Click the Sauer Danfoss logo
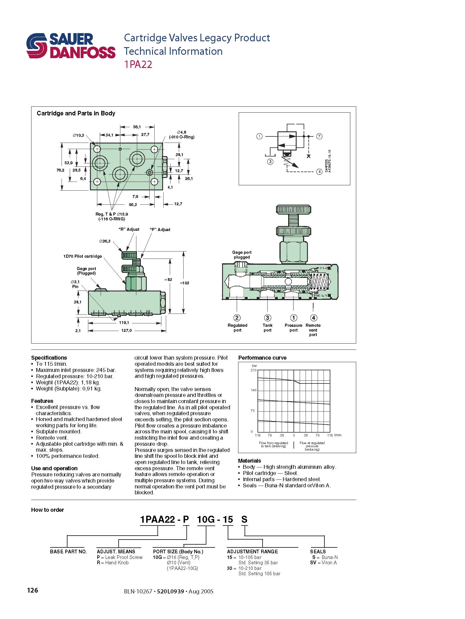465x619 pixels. [x=71, y=46]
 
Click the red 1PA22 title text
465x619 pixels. [x=138, y=65]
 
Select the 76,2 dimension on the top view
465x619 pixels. [x=60, y=170]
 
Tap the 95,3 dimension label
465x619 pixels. [x=133, y=205]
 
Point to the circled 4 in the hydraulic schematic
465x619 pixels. [x=319, y=172]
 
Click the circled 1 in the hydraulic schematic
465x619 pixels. [x=259, y=136]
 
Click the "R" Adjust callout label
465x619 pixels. [x=129, y=229]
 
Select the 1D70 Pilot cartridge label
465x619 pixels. [x=82, y=256]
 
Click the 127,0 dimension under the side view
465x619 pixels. [x=126, y=331]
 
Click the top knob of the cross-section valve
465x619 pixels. [x=294, y=209]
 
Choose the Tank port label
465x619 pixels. [x=267, y=328]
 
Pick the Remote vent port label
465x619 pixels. [x=313, y=330]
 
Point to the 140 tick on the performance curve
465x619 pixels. [x=254, y=390]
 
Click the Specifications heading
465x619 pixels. [x=49, y=358]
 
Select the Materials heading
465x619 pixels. [x=249, y=461]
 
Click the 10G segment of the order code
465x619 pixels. [x=206, y=520]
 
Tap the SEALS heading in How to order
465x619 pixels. [x=318, y=552]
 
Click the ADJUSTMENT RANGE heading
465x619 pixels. [x=252, y=552]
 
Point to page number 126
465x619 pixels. [x=33, y=590]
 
